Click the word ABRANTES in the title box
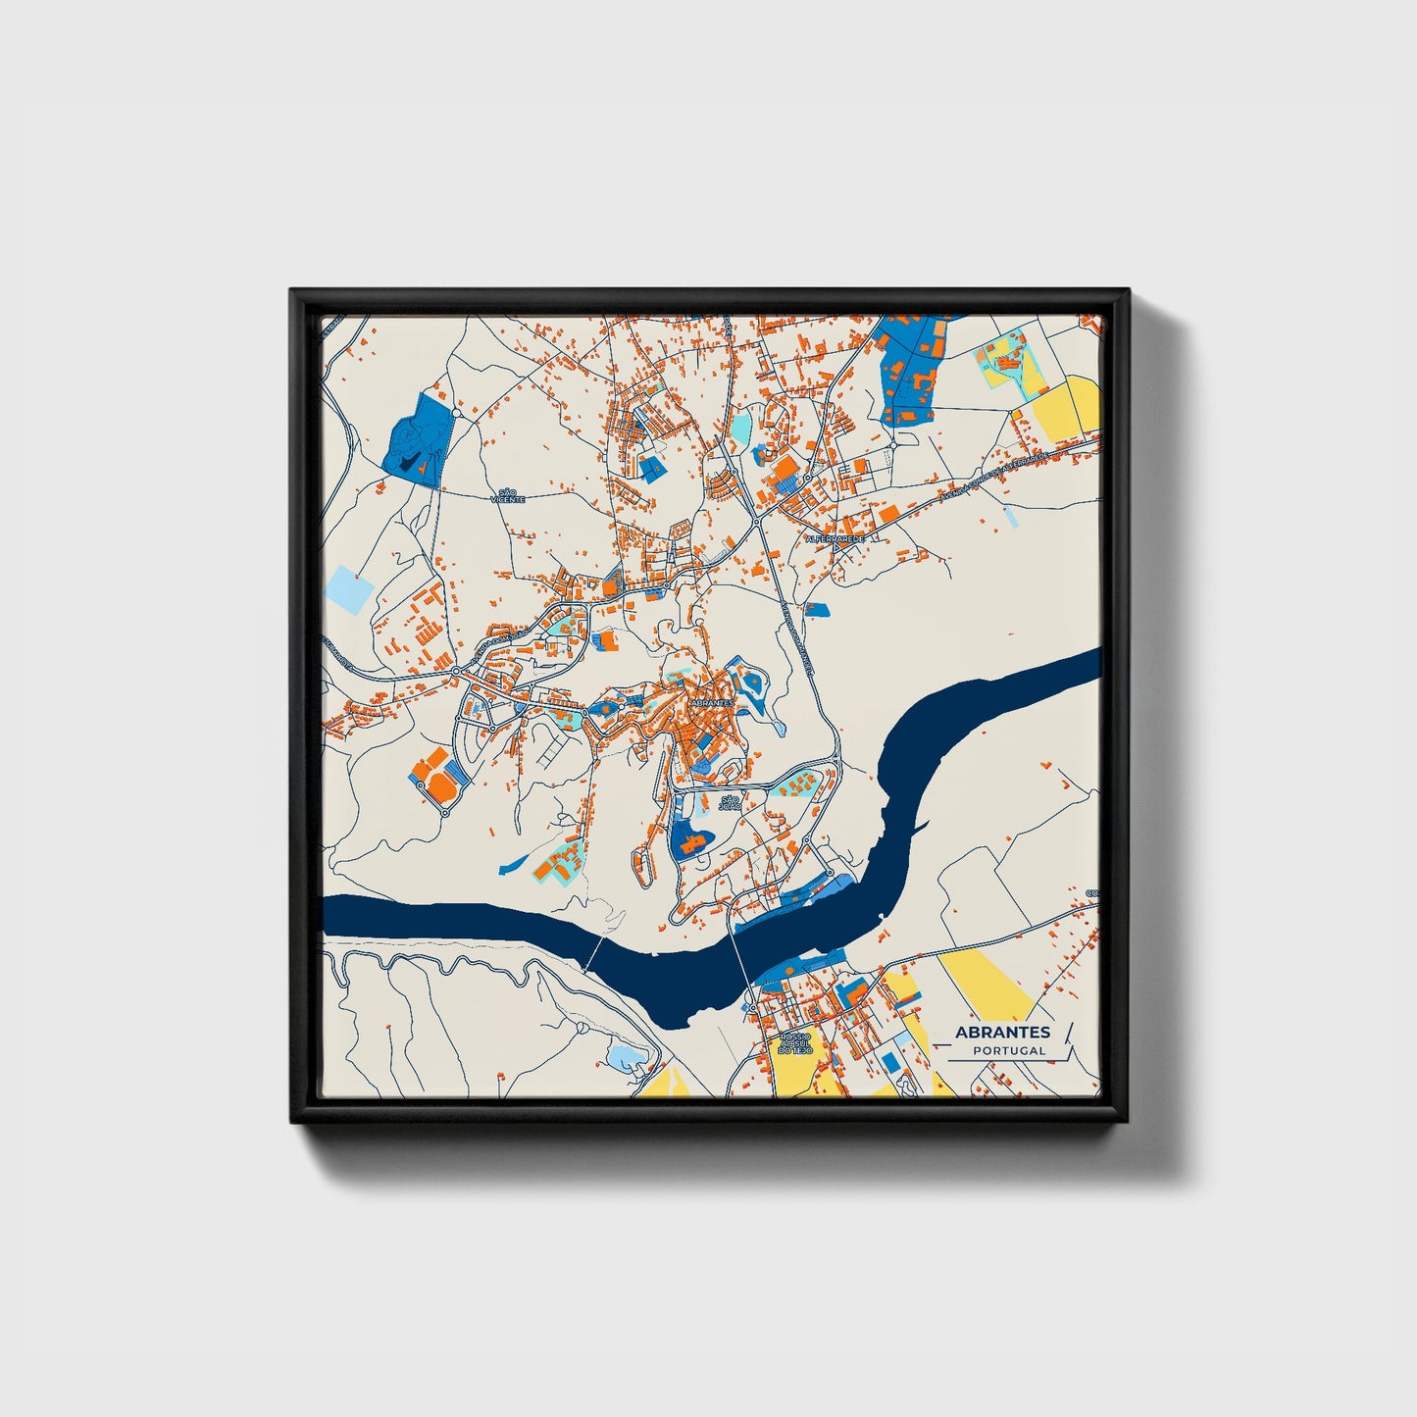(1002, 1032)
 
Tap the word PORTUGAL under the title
(1009, 1050)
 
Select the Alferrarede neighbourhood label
(834, 538)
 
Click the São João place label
(729, 802)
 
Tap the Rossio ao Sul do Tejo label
(794, 1042)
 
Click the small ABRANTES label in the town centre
(712, 703)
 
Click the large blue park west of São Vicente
(415, 438)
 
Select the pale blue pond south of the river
(624, 1057)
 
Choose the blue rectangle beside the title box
(890, 1062)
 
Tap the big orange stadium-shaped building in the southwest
(433, 771)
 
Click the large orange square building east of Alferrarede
(887, 515)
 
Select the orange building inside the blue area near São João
(692, 839)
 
